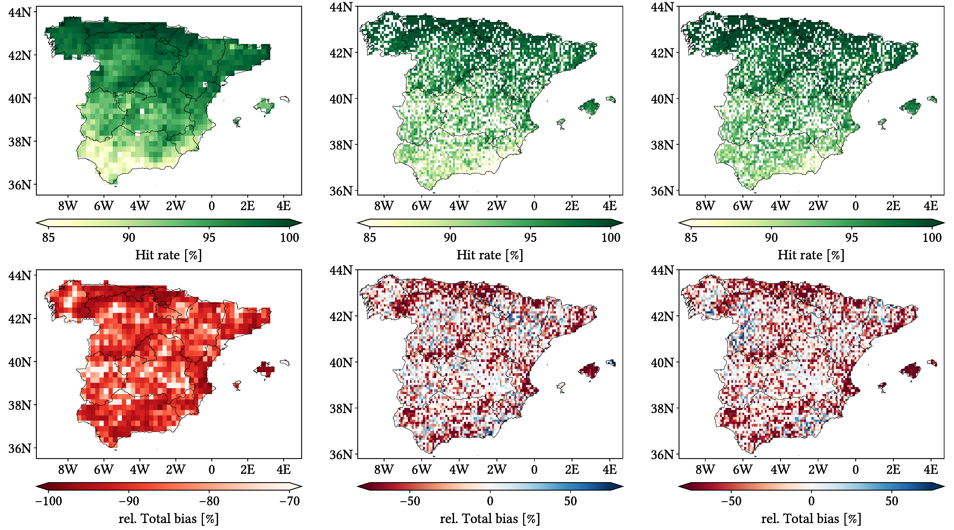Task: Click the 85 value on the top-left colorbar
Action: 48,238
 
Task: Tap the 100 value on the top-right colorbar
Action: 932,238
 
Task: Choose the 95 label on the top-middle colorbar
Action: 530,238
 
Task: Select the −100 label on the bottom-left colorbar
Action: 49,501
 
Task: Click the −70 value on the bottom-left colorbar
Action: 290,501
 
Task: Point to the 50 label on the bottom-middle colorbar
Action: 570,501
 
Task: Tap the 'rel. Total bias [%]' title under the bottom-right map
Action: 811,519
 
